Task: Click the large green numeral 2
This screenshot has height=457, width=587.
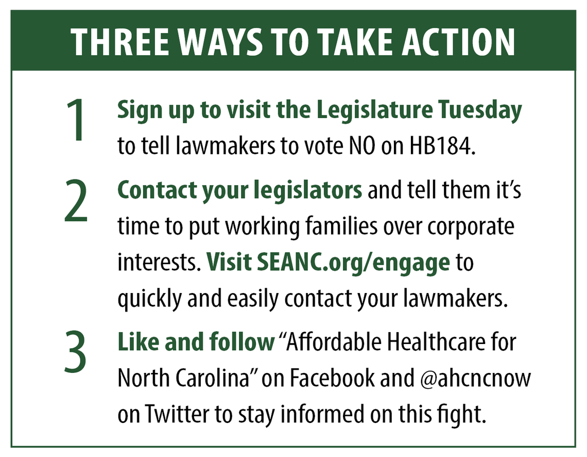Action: coord(76,201)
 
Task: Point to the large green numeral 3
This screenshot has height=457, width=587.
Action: coord(76,352)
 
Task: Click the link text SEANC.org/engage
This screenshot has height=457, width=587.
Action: coord(353,263)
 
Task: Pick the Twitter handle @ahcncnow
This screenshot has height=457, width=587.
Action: coord(475,378)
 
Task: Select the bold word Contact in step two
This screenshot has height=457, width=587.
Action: coord(157,190)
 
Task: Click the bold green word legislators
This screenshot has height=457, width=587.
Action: coord(308,191)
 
